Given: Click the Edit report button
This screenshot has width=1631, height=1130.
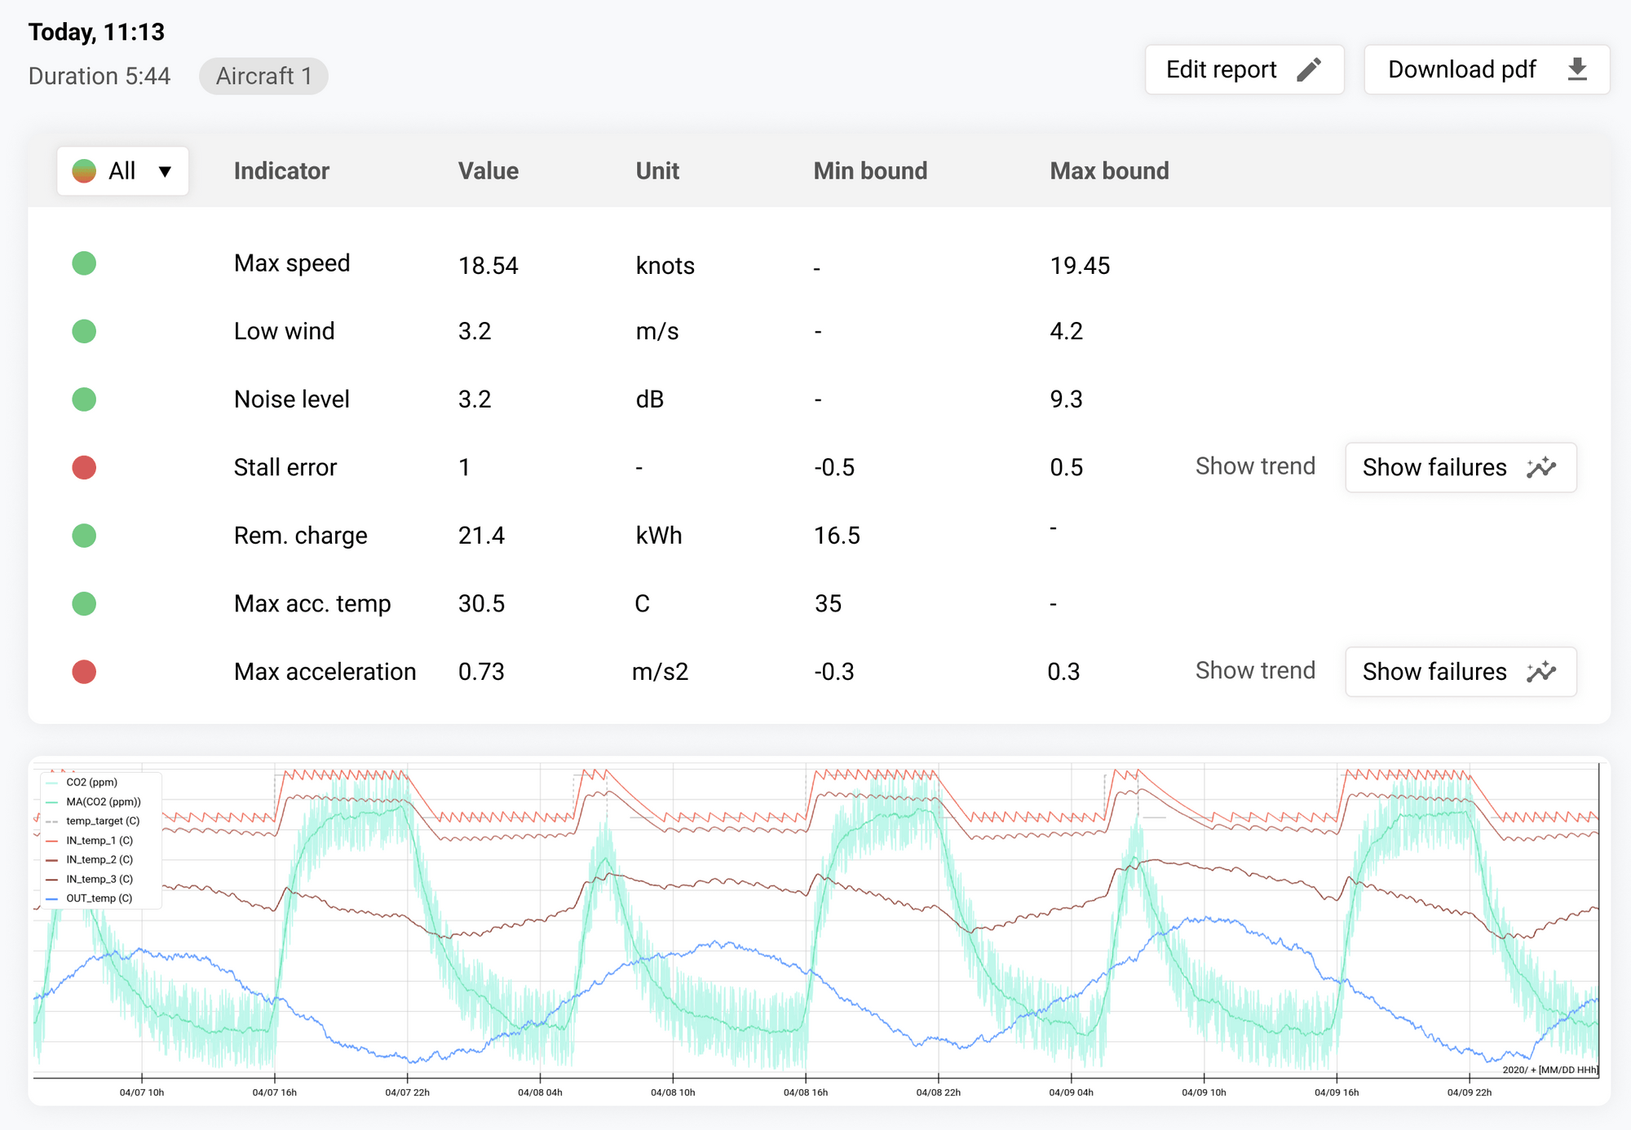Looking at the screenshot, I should click(1244, 70).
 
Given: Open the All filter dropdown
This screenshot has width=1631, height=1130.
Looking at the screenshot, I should click(123, 171).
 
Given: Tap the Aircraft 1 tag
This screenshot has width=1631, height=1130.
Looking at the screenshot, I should click(263, 77).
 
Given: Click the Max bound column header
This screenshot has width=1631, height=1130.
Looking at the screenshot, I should click(1109, 171).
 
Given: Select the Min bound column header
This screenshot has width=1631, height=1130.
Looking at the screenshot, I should click(870, 171).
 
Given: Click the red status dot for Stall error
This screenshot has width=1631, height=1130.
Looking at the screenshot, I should click(84, 468).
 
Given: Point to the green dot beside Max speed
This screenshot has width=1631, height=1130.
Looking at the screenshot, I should click(84, 264).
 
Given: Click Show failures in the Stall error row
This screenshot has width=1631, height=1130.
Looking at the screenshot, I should click(1460, 468).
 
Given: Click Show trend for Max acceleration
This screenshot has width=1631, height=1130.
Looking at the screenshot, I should click(1255, 671).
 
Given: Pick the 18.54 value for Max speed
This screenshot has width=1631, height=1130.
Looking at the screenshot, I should click(488, 266).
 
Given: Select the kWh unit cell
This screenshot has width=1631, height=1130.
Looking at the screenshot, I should click(658, 536).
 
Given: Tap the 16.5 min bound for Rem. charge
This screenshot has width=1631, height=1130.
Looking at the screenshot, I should click(837, 536).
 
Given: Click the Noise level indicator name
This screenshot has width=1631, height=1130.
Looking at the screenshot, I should click(291, 399).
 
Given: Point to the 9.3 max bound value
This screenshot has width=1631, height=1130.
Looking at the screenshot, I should click(1066, 399).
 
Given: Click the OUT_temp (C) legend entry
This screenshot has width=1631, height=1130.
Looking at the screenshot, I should click(99, 898).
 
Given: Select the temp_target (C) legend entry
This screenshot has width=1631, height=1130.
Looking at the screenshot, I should click(102, 821).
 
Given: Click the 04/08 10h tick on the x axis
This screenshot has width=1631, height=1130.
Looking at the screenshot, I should click(673, 1092).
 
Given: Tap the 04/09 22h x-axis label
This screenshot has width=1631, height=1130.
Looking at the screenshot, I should click(1469, 1092).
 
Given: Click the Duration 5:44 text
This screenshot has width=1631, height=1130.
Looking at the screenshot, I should click(99, 77).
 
